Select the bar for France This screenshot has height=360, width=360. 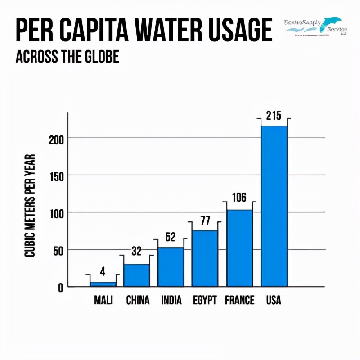coord(239,248)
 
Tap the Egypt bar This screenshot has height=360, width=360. coord(205,258)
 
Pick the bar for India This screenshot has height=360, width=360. coord(171,267)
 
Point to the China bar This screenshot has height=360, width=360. coord(137,275)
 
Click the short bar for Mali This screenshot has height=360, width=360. coord(103,284)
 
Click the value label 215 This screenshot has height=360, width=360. coord(274,116)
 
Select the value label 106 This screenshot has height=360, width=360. coord(239,198)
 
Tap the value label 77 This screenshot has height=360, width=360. coord(205,220)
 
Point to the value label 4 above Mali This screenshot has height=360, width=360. coord(103,271)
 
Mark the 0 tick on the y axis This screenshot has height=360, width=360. coord(60,287)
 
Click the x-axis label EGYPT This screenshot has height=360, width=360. coord(205,300)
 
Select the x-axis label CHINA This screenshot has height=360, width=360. coord(138,300)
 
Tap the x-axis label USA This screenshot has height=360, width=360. coord(274,300)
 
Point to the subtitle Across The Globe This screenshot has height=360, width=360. coord(67,57)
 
